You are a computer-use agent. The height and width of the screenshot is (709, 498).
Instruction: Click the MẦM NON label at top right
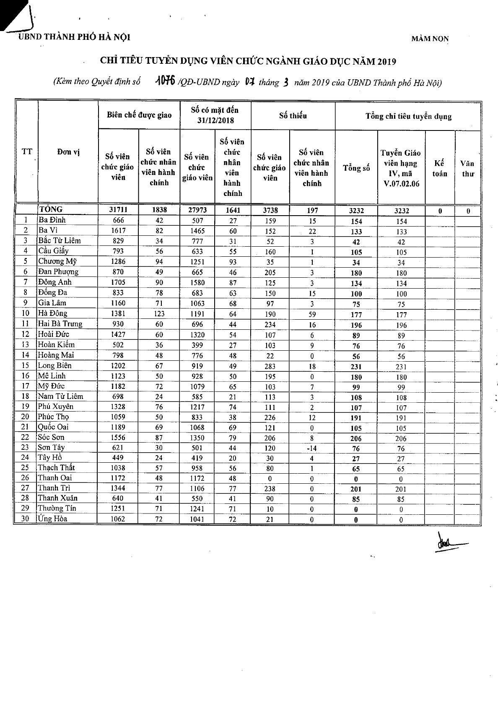430,39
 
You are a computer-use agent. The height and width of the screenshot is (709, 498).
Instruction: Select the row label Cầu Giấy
53,251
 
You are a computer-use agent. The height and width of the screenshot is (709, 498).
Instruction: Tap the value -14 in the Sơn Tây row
312,448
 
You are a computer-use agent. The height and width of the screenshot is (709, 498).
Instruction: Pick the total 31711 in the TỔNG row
118,210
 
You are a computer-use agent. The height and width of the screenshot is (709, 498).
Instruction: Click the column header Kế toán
440,168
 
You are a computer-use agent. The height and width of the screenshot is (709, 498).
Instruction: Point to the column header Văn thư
467,168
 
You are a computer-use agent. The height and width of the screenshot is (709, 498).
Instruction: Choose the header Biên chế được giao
139,115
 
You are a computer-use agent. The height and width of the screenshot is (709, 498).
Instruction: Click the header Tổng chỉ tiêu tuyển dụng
408,116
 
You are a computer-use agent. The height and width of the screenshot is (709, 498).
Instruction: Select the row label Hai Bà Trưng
60,323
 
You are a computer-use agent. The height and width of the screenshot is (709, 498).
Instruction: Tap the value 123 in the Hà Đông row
159,313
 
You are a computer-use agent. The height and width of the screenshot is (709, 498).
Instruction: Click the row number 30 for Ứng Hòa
26,519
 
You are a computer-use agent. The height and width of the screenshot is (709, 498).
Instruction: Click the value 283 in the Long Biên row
270,366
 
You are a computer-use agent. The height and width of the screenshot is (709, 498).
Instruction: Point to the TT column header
27,152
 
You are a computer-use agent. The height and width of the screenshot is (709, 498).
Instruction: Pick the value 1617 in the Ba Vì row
118,230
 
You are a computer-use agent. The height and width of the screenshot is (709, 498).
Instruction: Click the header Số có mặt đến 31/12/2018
215,115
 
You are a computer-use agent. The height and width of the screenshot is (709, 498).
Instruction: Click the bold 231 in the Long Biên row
356,366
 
